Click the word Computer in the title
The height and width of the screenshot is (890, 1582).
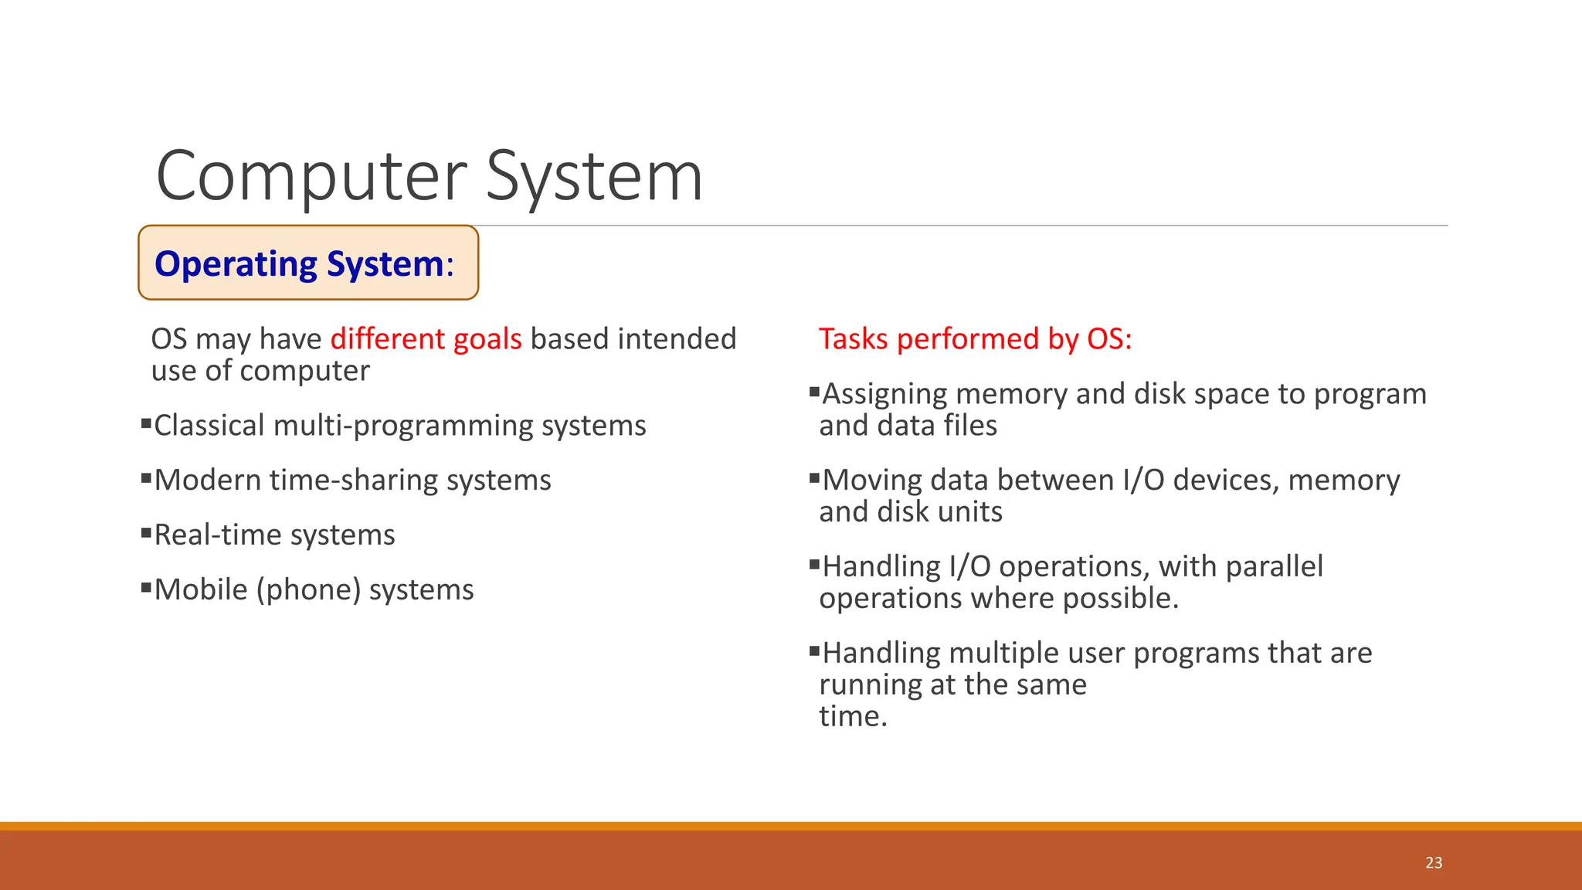click(x=311, y=177)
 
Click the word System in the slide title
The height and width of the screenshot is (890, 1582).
click(x=594, y=177)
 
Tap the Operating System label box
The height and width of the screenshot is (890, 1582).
click(x=307, y=263)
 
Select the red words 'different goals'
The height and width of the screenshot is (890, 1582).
click(x=426, y=339)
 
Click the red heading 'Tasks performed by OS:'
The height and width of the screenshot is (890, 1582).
click(x=975, y=339)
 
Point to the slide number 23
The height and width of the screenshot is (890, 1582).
click(x=1434, y=863)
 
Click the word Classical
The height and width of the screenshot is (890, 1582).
click(x=209, y=426)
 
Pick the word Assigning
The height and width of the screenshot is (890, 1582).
click(x=884, y=395)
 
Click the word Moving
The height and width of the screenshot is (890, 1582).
click(x=872, y=481)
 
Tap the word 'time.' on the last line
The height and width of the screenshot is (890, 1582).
click(x=853, y=716)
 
